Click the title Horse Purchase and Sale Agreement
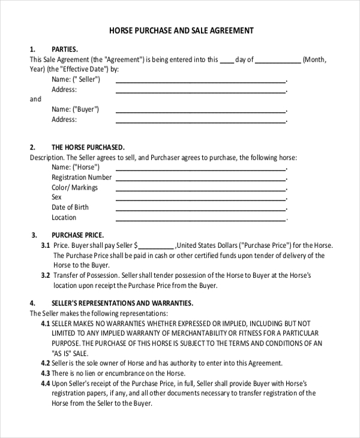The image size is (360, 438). point(181,30)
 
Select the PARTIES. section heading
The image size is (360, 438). point(65,49)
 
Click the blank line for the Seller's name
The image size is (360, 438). point(200,80)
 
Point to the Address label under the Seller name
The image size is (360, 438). point(64,89)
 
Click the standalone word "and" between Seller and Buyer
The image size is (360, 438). point(35,99)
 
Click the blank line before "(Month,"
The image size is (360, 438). point(278,61)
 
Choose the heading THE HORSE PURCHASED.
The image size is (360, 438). point(88,147)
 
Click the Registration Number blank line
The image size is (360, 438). point(200,179)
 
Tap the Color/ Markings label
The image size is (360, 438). point(74,187)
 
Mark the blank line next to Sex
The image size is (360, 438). point(200,199)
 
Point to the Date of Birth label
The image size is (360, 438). point(70,207)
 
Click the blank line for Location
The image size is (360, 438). point(200,219)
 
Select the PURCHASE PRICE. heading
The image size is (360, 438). point(78,235)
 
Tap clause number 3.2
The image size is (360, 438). point(45,275)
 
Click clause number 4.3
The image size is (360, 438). point(45,373)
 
